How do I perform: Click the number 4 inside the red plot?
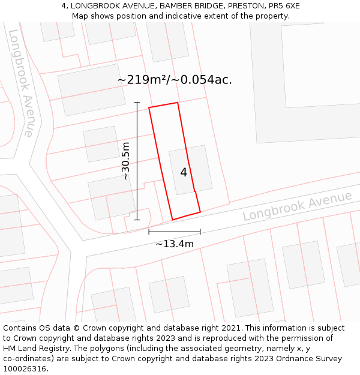click(x=184, y=173)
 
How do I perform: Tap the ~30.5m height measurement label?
click(x=125, y=161)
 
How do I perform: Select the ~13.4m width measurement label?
click(x=175, y=244)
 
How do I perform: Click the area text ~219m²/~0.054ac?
click(x=175, y=79)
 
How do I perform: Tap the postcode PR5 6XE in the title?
click(x=284, y=6)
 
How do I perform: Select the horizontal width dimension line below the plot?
click(x=175, y=232)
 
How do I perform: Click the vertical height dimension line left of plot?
click(x=137, y=161)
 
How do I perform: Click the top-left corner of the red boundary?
click(x=149, y=108)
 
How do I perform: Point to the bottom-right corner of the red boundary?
click(x=200, y=212)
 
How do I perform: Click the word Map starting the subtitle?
click(x=80, y=16)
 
